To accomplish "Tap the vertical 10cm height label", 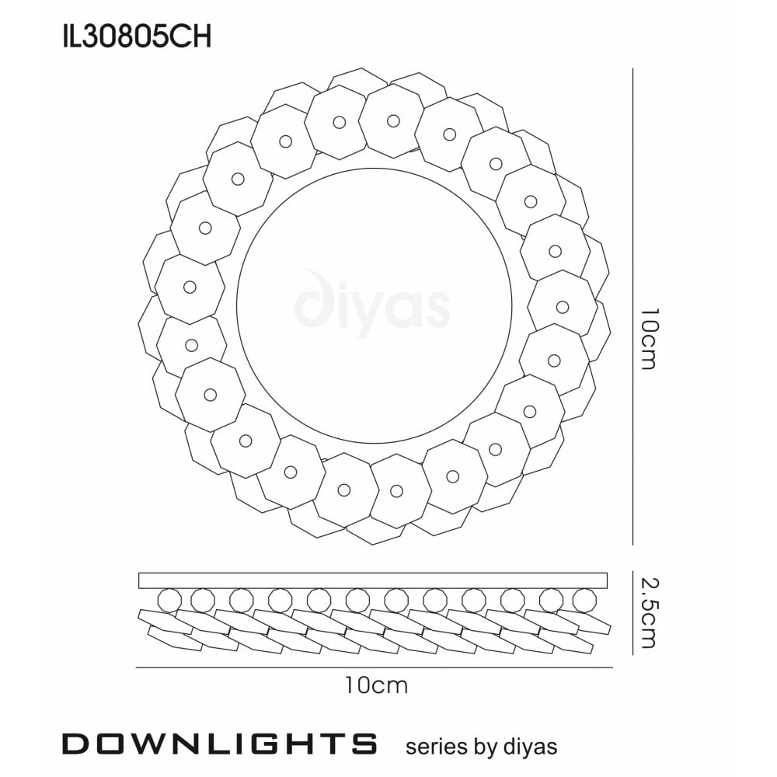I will tap(650, 339).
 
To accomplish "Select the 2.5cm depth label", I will tap(650, 611).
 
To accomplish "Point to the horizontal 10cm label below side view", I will tap(376, 685).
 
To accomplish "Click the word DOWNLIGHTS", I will tap(220, 744).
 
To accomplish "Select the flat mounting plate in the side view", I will tap(373, 580).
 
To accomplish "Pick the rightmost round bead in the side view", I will tap(583, 600).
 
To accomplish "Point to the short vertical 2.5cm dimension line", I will tap(633, 611).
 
